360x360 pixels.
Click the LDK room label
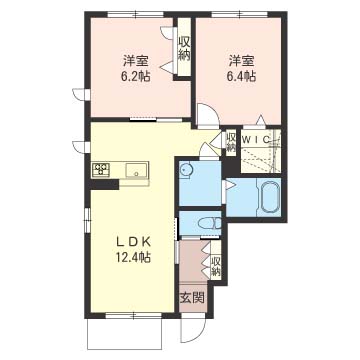click(133, 242)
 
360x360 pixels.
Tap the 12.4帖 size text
click(133, 257)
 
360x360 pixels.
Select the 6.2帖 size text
click(135, 77)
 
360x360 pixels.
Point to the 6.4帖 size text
click(242, 77)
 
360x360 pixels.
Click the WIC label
click(256, 140)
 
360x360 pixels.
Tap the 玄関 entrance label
click(192, 298)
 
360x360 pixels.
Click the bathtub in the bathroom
click(269, 197)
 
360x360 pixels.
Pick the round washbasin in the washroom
click(185, 170)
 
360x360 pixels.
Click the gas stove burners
click(101, 169)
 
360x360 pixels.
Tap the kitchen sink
click(136, 170)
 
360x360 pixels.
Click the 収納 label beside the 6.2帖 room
click(184, 48)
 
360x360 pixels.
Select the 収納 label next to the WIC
click(231, 142)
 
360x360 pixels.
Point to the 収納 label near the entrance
click(216, 266)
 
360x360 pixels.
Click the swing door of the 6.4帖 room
click(208, 115)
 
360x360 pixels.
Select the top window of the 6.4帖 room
click(239, 14)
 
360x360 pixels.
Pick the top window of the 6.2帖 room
click(135, 14)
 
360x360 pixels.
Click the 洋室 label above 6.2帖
click(135, 61)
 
